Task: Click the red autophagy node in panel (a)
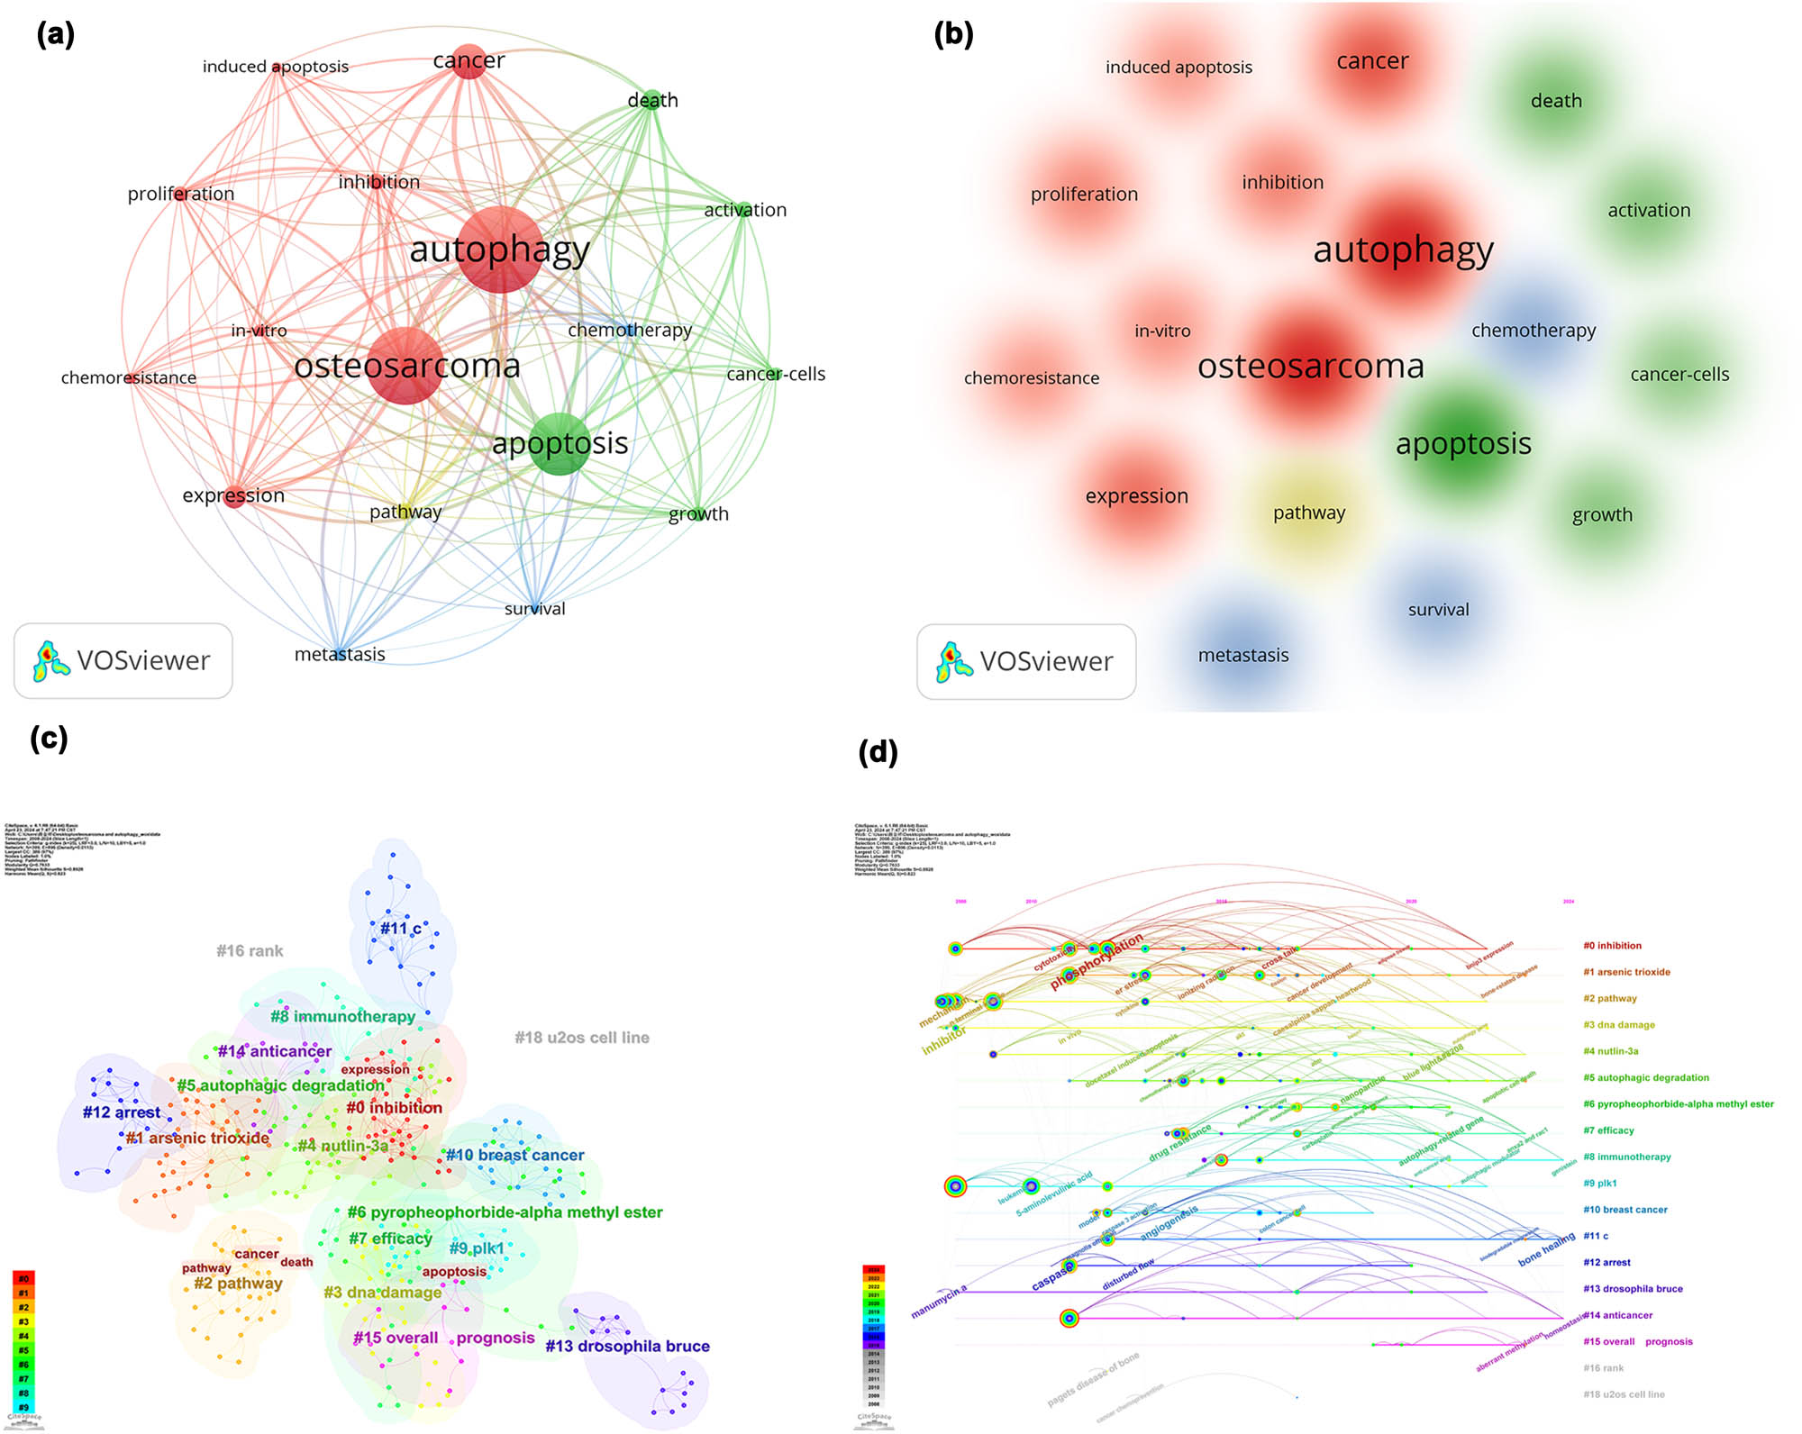[x=500, y=250]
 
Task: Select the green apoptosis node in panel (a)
[x=560, y=443]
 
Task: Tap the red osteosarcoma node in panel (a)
[x=406, y=366]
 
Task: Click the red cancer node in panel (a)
[x=469, y=61]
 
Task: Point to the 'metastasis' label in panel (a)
[x=340, y=655]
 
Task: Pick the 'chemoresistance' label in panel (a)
[x=129, y=378]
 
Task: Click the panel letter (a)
[x=55, y=35]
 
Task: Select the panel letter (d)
[x=878, y=752]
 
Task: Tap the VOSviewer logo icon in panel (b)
[x=953, y=661]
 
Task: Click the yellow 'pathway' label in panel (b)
[x=1309, y=513]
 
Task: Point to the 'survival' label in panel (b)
[x=1438, y=610]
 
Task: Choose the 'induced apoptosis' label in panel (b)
[x=1179, y=68]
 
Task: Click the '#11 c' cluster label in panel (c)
[x=400, y=928]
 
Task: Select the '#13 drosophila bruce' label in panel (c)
[x=627, y=1346]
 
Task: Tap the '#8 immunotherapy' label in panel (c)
[x=343, y=1016]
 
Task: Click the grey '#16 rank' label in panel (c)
[x=250, y=951]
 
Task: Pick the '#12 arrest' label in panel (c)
[x=122, y=1112]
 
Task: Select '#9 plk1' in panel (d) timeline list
[x=1599, y=1184]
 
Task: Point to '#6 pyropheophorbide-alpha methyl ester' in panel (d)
[x=1678, y=1104]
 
